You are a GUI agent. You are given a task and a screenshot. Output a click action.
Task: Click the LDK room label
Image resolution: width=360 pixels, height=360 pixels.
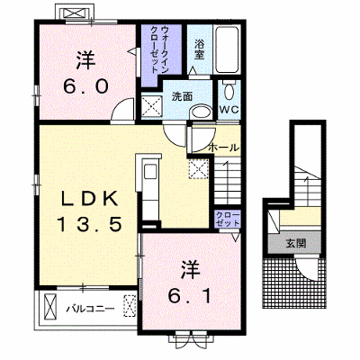(x=89, y=199)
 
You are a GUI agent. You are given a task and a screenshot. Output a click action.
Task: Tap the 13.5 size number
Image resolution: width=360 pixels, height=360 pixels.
(x=89, y=224)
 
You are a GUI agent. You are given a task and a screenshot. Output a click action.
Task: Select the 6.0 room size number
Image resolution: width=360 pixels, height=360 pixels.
(x=85, y=86)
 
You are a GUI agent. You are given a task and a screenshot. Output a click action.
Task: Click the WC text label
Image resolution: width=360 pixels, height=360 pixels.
(x=229, y=110)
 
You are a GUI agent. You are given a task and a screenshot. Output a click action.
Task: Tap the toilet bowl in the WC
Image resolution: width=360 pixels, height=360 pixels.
(x=229, y=91)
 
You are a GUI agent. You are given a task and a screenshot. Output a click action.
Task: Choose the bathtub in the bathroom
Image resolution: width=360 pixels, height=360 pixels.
(x=228, y=49)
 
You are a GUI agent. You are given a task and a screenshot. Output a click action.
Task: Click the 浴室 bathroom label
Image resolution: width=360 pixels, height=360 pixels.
(x=199, y=49)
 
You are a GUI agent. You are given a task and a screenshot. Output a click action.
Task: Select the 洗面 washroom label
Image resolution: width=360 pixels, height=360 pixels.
(x=182, y=97)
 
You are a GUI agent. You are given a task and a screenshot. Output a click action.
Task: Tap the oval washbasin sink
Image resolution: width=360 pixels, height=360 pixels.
(x=201, y=112)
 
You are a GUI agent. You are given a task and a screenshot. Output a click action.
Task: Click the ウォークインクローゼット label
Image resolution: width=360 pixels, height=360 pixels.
(x=159, y=49)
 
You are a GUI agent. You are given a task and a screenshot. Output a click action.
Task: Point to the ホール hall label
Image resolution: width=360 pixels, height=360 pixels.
(x=223, y=148)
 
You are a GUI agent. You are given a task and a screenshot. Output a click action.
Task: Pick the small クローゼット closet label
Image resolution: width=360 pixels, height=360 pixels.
(x=228, y=220)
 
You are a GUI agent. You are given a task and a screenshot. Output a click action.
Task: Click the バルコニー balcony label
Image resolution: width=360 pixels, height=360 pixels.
(x=91, y=309)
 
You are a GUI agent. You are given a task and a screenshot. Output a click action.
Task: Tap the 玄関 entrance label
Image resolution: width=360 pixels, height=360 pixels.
(x=295, y=244)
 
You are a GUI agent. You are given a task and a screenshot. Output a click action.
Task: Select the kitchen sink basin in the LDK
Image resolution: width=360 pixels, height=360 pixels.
(x=149, y=172)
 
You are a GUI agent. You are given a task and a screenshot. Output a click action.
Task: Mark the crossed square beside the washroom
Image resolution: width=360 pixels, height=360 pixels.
(x=152, y=106)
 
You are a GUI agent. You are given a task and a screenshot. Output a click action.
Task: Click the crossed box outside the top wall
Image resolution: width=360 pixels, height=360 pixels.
(x=76, y=13)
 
